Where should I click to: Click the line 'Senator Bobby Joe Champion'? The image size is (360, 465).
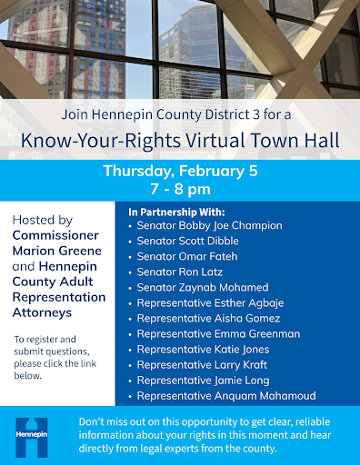(x=209, y=225)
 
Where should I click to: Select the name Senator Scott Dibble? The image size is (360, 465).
(x=188, y=241)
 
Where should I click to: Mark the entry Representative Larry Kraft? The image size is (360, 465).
(x=199, y=365)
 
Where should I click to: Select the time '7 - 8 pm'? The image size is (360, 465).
(x=180, y=188)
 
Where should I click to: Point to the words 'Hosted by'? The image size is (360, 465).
(x=43, y=220)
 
